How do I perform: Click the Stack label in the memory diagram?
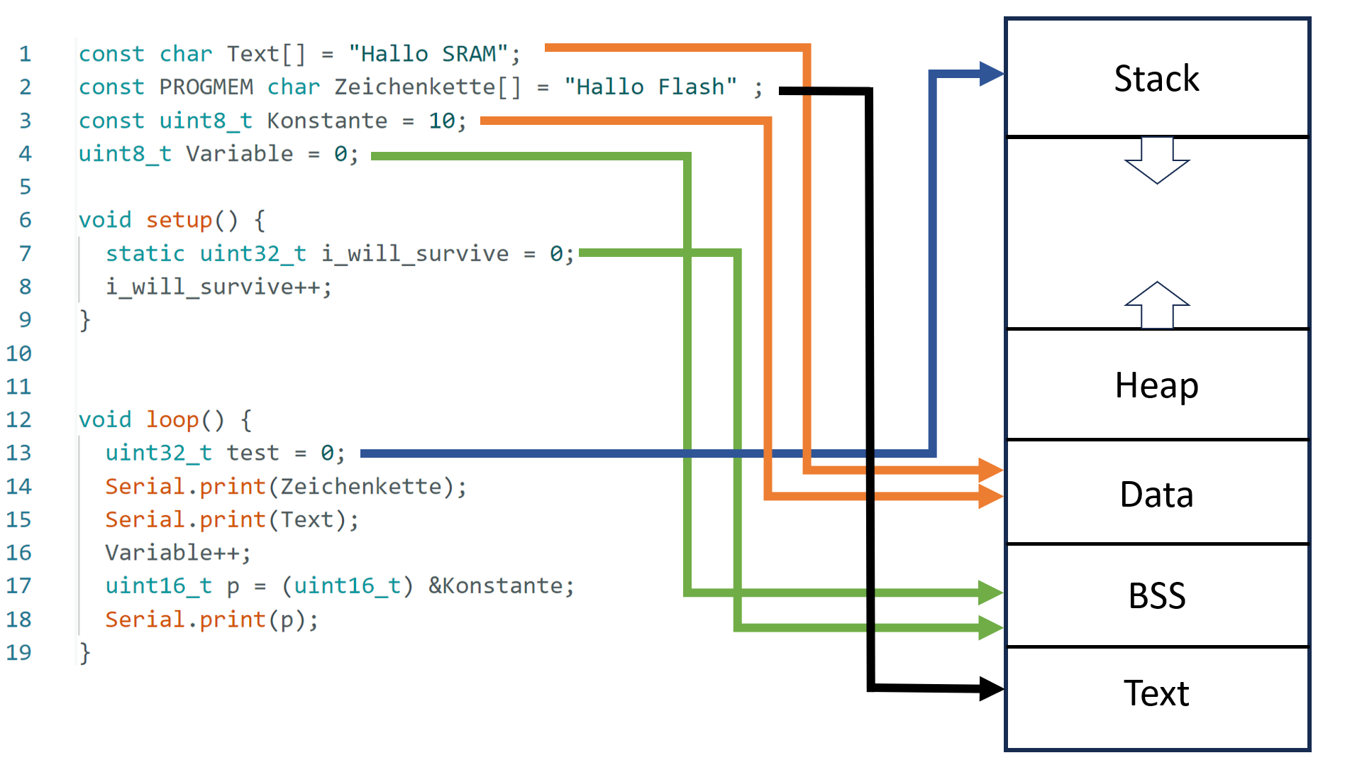(1156, 78)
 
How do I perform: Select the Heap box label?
(1156, 385)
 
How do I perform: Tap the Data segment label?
(1156, 495)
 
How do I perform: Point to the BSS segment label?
(1156, 596)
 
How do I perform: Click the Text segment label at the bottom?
(1156, 693)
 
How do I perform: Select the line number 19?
(19, 652)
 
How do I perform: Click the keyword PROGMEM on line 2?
(206, 87)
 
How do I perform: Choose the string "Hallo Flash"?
(650, 87)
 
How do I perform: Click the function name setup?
(179, 220)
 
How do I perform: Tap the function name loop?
(172, 420)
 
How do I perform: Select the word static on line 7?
(145, 253)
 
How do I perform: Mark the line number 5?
(26, 187)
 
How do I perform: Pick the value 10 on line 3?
(441, 121)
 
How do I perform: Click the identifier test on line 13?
(253, 453)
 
